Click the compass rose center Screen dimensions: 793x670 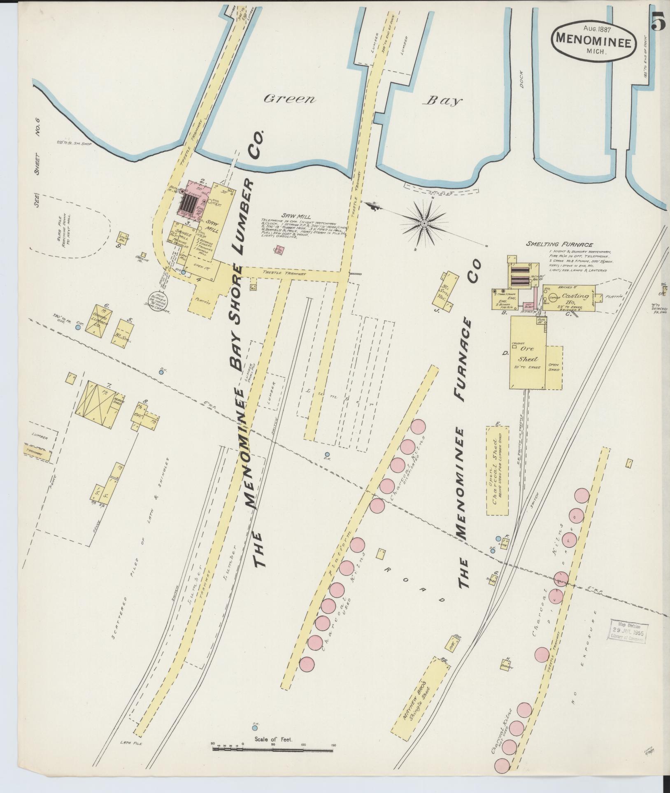point(424,223)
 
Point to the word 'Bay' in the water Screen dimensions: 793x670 point(444,101)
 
